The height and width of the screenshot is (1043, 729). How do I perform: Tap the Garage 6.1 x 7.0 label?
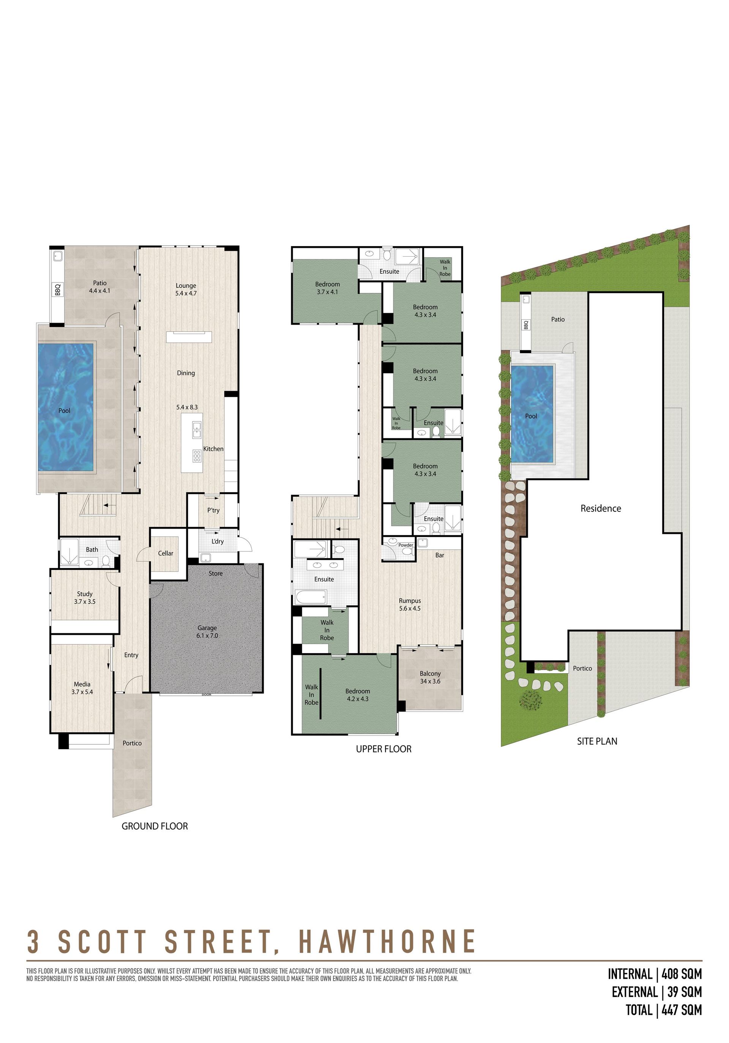[x=207, y=631]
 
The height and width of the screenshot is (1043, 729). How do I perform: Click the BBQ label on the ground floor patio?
[x=58, y=289]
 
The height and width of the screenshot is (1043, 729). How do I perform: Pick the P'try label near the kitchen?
[x=213, y=510]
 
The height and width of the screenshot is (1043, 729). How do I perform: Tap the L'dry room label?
[x=218, y=541]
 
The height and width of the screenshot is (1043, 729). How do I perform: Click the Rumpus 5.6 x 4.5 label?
[x=410, y=604]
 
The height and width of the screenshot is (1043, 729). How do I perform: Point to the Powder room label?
[x=406, y=545]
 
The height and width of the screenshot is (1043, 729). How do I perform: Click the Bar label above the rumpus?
[x=440, y=555]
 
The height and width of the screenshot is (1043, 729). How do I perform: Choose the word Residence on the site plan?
[x=600, y=508]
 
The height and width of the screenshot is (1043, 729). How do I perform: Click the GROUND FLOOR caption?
[x=155, y=826]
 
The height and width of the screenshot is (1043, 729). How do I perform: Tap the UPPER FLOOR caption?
[x=384, y=749]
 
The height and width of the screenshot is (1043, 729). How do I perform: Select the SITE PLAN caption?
[x=597, y=741]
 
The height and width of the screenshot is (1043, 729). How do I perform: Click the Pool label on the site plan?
[x=531, y=416]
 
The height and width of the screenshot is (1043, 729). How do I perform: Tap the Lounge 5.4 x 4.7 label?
[x=186, y=289]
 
